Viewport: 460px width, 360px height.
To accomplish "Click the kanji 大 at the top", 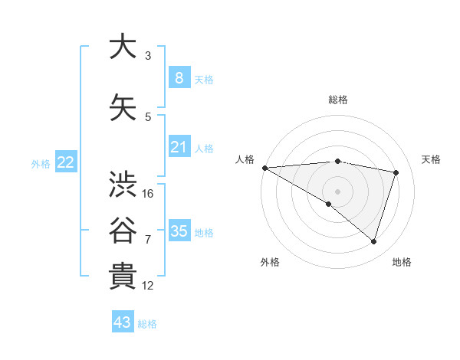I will pyautogui.click(x=123, y=47).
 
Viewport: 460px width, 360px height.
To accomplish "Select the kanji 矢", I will pyautogui.click(x=123, y=108).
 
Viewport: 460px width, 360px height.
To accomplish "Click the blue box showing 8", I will pyautogui.click(x=179, y=77).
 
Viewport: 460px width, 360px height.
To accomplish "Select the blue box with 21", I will pyautogui.click(x=179, y=147).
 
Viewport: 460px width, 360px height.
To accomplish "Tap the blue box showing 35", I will pyautogui.click(x=179, y=231).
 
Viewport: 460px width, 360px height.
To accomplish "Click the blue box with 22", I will pyautogui.click(x=66, y=162).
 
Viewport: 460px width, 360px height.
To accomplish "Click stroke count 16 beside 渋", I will pyautogui.click(x=148, y=194).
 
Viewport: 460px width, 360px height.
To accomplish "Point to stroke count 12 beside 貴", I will pyautogui.click(x=148, y=286).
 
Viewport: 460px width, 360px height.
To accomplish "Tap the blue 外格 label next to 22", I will pyautogui.click(x=41, y=163).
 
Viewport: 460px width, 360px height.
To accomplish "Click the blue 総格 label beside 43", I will pyautogui.click(x=147, y=324).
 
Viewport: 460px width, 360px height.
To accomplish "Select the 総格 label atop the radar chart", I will pyautogui.click(x=337, y=100).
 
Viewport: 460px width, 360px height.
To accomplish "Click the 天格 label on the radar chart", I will pyautogui.click(x=431, y=159).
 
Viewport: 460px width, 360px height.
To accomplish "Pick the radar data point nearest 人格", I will pyautogui.click(x=264, y=167).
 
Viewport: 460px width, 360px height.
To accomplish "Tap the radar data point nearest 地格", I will pyautogui.click(x=373, y=241).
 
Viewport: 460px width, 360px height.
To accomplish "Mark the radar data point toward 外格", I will pyautogui.click(x=329, y=204).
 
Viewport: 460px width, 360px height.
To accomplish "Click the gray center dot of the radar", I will pyautogui.click(x=337, y=190).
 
